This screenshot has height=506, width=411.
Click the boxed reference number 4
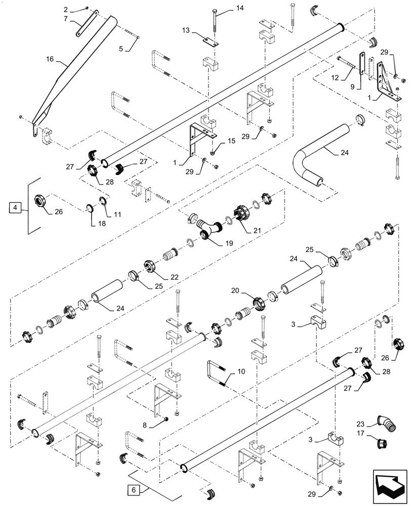[x=16, y=207]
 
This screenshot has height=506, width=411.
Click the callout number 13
[x=186, y=31]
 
